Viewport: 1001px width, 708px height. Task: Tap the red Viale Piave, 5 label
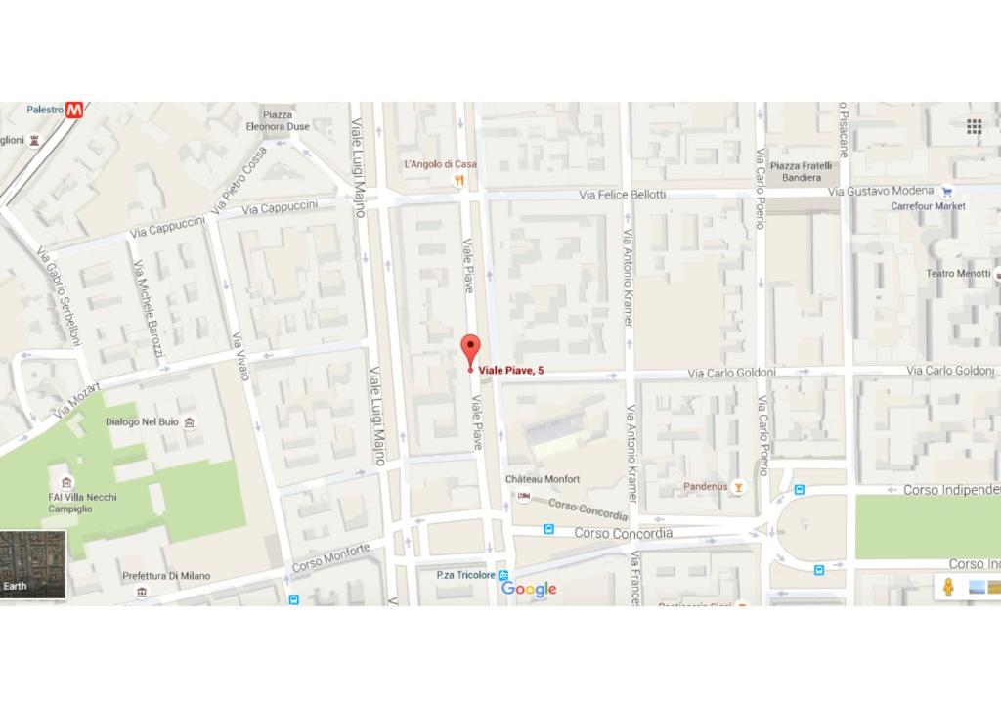(x=511, y=370)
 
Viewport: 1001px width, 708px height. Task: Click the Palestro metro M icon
(x=75, y=111)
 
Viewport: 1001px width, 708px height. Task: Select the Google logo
(x=529, y=589)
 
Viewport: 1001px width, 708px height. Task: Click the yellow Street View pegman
(x=947, y=587)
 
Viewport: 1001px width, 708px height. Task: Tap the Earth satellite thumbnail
(x=32, y=565)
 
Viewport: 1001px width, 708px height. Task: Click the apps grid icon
(x=974, y=127)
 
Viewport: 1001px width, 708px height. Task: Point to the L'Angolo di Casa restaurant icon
(x=458, y=180)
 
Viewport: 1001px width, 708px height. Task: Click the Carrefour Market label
(x=928, y=206)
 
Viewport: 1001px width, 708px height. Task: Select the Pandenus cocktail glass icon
(x=738, y=486)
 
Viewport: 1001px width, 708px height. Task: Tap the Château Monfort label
(x=542, y=479)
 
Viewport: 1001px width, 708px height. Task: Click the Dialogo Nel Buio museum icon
(x=189, y=422)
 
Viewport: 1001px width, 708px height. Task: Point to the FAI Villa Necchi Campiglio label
(x=83, y=503)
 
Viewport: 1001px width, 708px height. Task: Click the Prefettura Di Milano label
(x=166, y=576)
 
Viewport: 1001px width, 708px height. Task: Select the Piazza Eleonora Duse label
(x=278, y=120)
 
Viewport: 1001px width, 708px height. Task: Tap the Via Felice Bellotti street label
(x=622, y=195)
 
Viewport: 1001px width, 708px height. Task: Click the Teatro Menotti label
(x=958, y=273)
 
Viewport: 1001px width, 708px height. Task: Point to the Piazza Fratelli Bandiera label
(x=802, y=172)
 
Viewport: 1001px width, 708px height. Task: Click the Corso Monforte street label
(x=332, y=558)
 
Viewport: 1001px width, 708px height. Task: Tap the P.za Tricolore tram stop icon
(x=502, y=575)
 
